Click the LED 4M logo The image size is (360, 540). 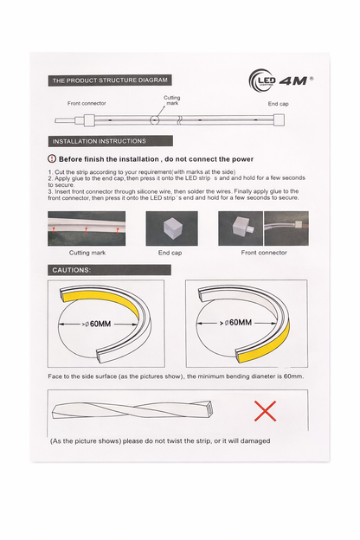(280, 81)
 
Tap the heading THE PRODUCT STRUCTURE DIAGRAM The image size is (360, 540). (109, 80)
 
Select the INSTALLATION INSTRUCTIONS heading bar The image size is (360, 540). (100, 141)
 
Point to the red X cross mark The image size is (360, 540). (265, 410)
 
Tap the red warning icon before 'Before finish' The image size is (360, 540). (52, 159)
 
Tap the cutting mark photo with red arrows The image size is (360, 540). (87, 228)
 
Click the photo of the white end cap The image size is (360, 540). (170, 228)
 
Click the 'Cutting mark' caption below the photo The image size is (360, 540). (87, 253)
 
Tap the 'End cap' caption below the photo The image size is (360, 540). (170, 253)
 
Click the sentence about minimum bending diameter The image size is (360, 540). (175, 377)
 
